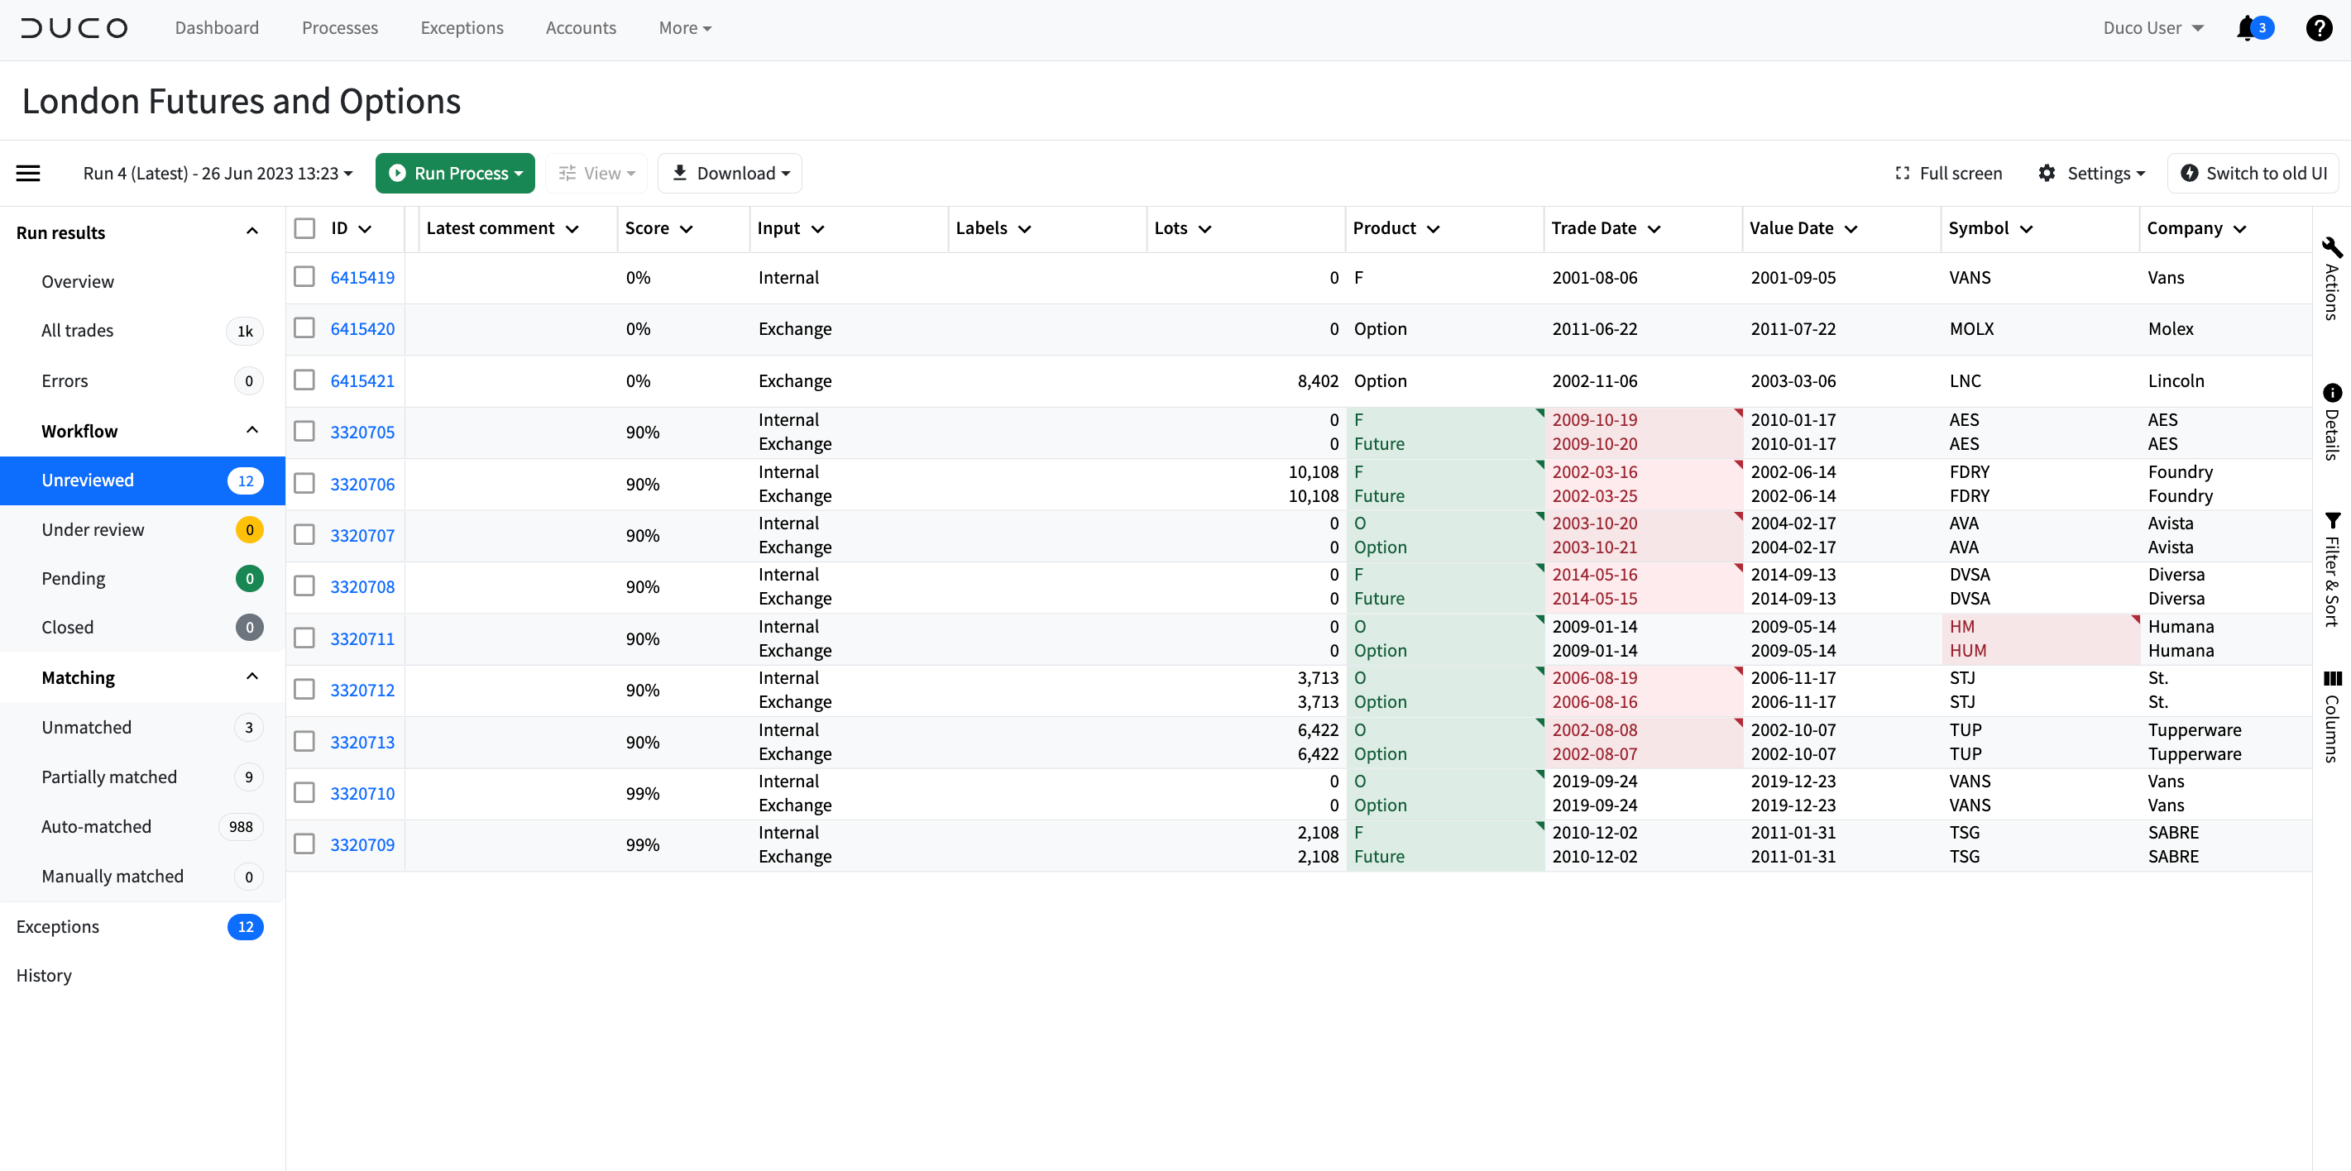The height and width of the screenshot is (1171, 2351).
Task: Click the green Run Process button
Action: (454, 174)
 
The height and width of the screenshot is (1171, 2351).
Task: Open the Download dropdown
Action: (730, 174)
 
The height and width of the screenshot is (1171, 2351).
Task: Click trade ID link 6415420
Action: (362, 328)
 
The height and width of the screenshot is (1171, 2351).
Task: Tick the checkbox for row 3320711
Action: (304, 638)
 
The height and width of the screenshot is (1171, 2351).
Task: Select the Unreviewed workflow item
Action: (88, 480)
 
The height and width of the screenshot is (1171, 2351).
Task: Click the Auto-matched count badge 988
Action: (241, 827)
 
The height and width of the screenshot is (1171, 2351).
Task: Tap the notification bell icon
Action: (2246, 28)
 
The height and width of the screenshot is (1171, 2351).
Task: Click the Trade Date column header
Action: (1593, 228)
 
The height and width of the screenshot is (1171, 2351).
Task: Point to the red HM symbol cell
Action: (1962, 626)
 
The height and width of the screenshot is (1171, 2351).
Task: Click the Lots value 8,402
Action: (1317, 380)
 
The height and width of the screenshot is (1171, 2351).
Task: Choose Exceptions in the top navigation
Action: (462, 28)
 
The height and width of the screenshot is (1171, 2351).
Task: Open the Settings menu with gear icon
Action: (2091, 174)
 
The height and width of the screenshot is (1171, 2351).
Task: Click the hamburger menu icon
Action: (28, 174)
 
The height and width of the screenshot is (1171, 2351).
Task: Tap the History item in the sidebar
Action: (44, 976)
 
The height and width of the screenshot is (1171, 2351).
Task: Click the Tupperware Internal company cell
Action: (2194, 729)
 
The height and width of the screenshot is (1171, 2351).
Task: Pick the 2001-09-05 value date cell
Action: (1793, 278)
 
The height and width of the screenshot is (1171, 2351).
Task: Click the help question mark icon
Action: (2318, 28)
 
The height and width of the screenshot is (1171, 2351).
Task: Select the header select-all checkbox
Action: (304, 228)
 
